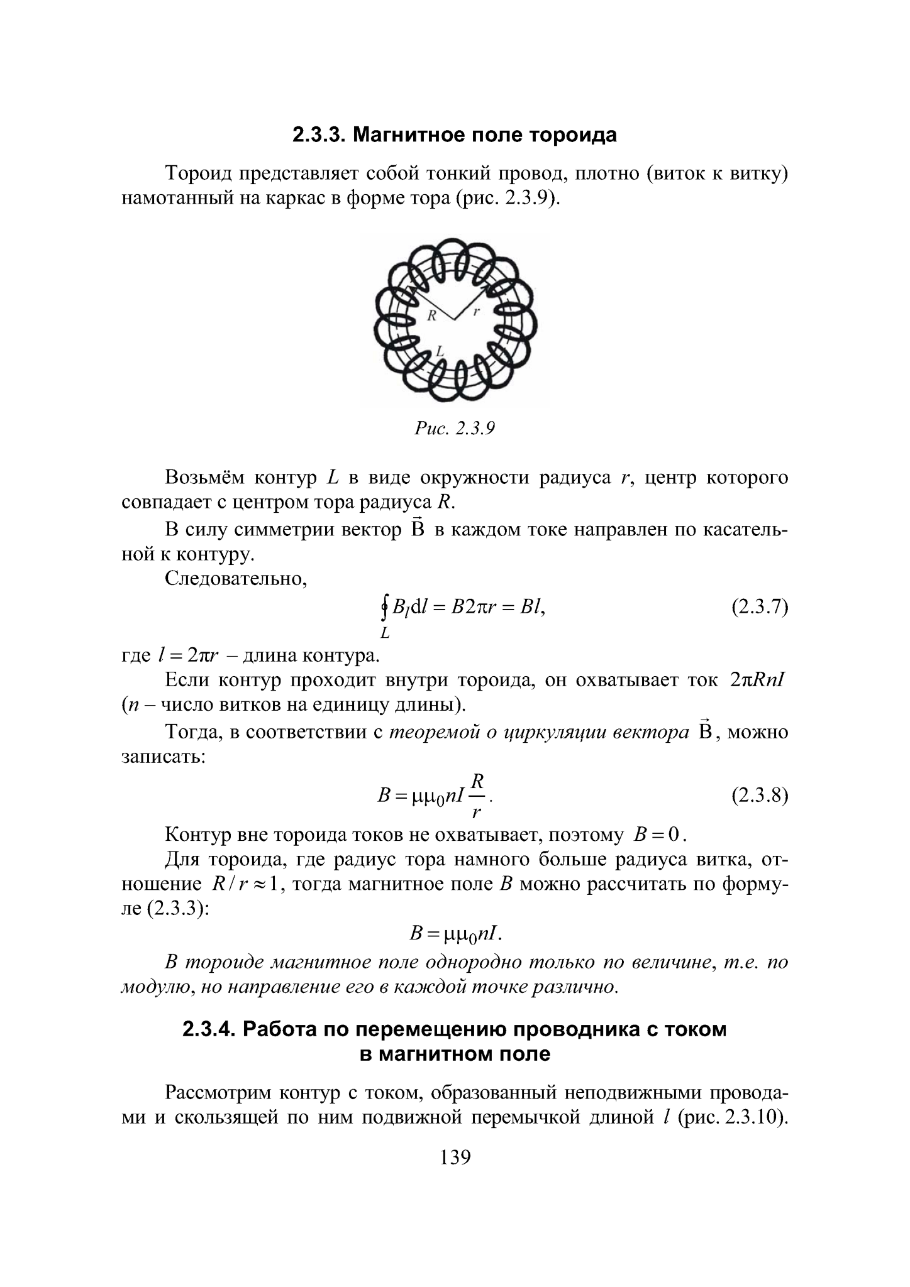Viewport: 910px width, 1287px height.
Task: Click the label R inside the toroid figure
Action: click(431, 317)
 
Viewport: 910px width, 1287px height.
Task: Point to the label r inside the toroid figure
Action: click(477, 312)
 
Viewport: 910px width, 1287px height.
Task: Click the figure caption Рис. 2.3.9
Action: click(455, 429)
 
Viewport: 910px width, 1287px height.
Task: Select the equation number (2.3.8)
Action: click(759, 796)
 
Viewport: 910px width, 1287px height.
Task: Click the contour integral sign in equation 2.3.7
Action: click(384, 607)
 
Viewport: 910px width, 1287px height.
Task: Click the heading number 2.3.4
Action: click(208, 1030)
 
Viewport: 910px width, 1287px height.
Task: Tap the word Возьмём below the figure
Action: click(204, 478)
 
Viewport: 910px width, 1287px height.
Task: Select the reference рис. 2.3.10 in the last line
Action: click(733, 1119)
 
